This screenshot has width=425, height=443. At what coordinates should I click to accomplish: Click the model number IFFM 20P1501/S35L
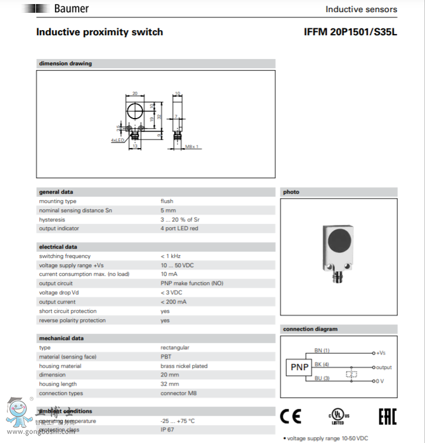click(x=350, y=32)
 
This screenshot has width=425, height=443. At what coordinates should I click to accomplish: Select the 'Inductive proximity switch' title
click(x=99, y=32)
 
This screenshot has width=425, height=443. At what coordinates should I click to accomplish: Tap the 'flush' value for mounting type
click(x=167, y=201)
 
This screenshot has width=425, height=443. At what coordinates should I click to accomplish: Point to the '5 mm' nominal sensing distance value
click(x=168, y=211)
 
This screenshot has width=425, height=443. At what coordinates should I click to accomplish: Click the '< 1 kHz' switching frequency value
click(x=171, y=256)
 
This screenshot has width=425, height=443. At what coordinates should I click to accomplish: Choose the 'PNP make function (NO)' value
click(x=191, y=283)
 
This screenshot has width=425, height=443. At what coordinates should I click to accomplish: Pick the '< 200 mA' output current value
click(x=173, y=302)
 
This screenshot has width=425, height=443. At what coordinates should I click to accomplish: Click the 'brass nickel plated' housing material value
click(x=183, y=366)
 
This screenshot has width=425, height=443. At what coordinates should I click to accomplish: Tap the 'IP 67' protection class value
click(x=167, y=430)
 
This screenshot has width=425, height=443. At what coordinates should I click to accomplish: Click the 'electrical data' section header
click(x=58, y=247)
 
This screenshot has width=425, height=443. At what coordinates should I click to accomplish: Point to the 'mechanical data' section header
click(x=61, y=338)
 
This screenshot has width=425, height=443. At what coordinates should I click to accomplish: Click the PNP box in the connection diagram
click(x=299, y=367)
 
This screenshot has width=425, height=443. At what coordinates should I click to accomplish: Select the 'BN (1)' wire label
click(x=321, y=350)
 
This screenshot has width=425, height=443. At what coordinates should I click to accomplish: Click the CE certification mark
click(x=290, y=416)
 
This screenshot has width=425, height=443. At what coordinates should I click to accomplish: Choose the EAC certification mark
click(x=387, y=416)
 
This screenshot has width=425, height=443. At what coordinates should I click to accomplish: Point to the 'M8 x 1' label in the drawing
click(x=192, y=147)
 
